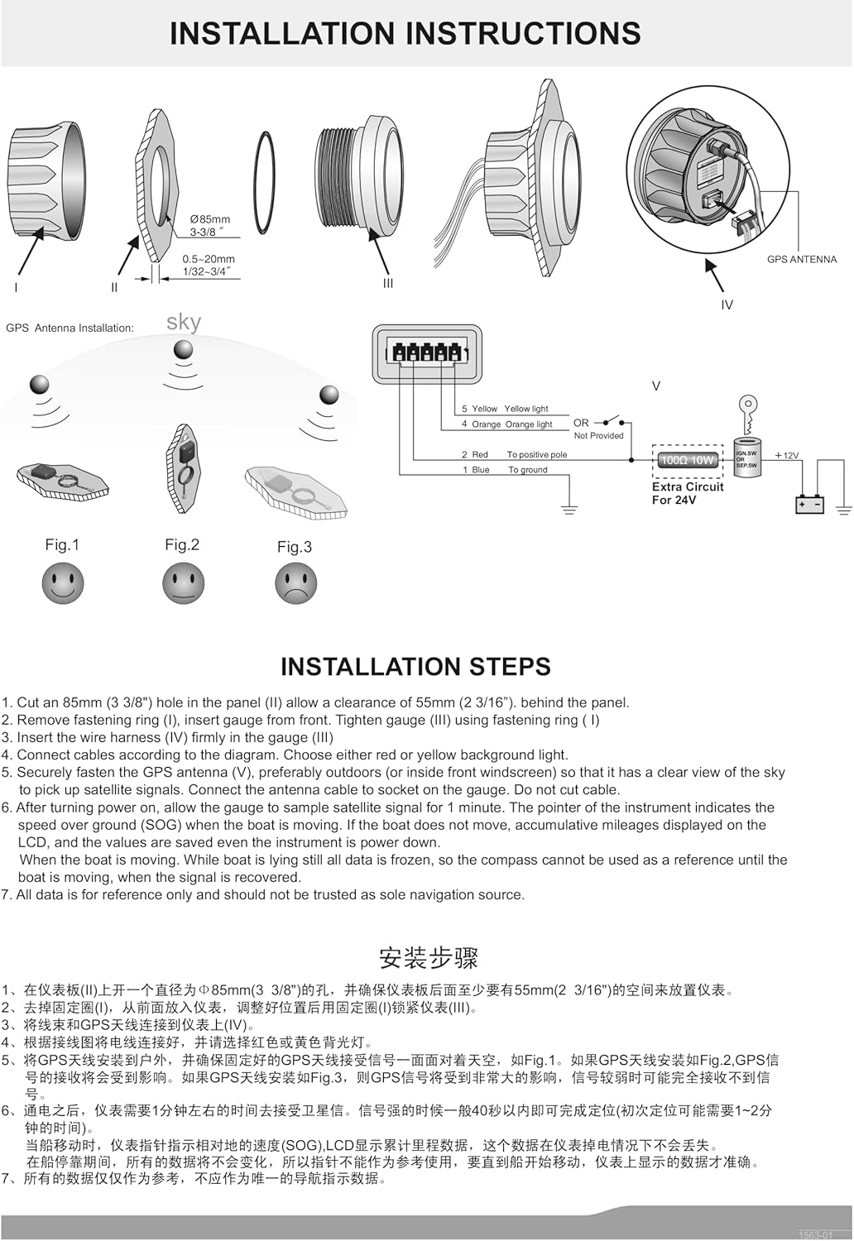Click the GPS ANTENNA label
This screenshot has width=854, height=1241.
[x=801, y=259]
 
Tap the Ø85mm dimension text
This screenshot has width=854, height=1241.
[x=210, y=219]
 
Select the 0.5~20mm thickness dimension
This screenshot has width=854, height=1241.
[x=209, y=259]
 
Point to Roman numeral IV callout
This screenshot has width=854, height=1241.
[x=727, y=304]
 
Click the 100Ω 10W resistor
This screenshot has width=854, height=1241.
[x=688, y=460]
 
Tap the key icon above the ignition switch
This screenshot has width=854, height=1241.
[x=748, y=414]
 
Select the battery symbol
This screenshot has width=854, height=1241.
[x=809, y=505]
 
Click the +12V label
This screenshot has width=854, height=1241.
[x=787, y=455]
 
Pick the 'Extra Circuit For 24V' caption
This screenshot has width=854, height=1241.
[x=688, y=493]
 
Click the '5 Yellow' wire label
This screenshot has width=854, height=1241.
[x=479, y=409]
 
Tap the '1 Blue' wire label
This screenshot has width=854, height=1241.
[x=476, y=470]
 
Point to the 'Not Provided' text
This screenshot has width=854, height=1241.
[x=598, y=435]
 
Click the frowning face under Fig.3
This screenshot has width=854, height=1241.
[x=296, y=583]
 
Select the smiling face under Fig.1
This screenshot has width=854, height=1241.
[x=63, y=583]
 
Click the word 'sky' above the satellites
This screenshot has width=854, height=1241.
[x=184, y=322]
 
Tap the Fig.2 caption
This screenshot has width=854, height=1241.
[x=182, y=544]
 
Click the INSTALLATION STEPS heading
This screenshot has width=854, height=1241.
[x=415, y=667]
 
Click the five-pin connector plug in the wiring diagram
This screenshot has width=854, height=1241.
[x=427, y=355]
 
